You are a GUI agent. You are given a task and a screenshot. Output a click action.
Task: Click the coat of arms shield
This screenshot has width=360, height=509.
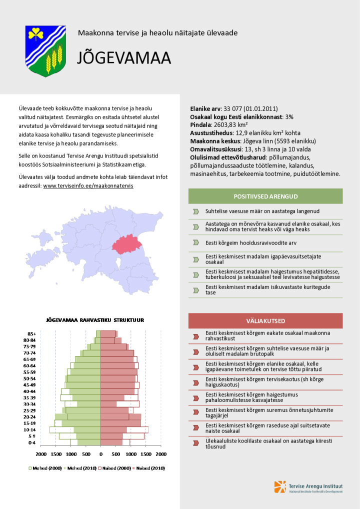(x=45, y=50)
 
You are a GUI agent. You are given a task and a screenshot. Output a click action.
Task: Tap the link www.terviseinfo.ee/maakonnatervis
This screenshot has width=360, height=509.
(x=88, y=185)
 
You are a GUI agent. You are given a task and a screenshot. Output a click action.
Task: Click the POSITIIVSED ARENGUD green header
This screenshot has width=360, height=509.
(x=265, y=196)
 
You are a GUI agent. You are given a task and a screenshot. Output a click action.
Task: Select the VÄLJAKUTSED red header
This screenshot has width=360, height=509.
(x=265, y=320)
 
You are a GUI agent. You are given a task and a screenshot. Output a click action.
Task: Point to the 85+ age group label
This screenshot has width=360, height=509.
(x=31, y=333)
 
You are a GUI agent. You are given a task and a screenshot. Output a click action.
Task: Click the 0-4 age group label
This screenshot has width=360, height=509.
(x=31, y=442)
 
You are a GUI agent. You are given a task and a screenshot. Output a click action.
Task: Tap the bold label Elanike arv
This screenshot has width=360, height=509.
(x=205, y=108)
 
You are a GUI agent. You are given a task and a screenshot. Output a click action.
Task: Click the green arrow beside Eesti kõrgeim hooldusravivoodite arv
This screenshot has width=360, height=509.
(x=196, y=242)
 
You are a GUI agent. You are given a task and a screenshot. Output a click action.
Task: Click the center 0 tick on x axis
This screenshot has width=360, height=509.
(x=100, y=454)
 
